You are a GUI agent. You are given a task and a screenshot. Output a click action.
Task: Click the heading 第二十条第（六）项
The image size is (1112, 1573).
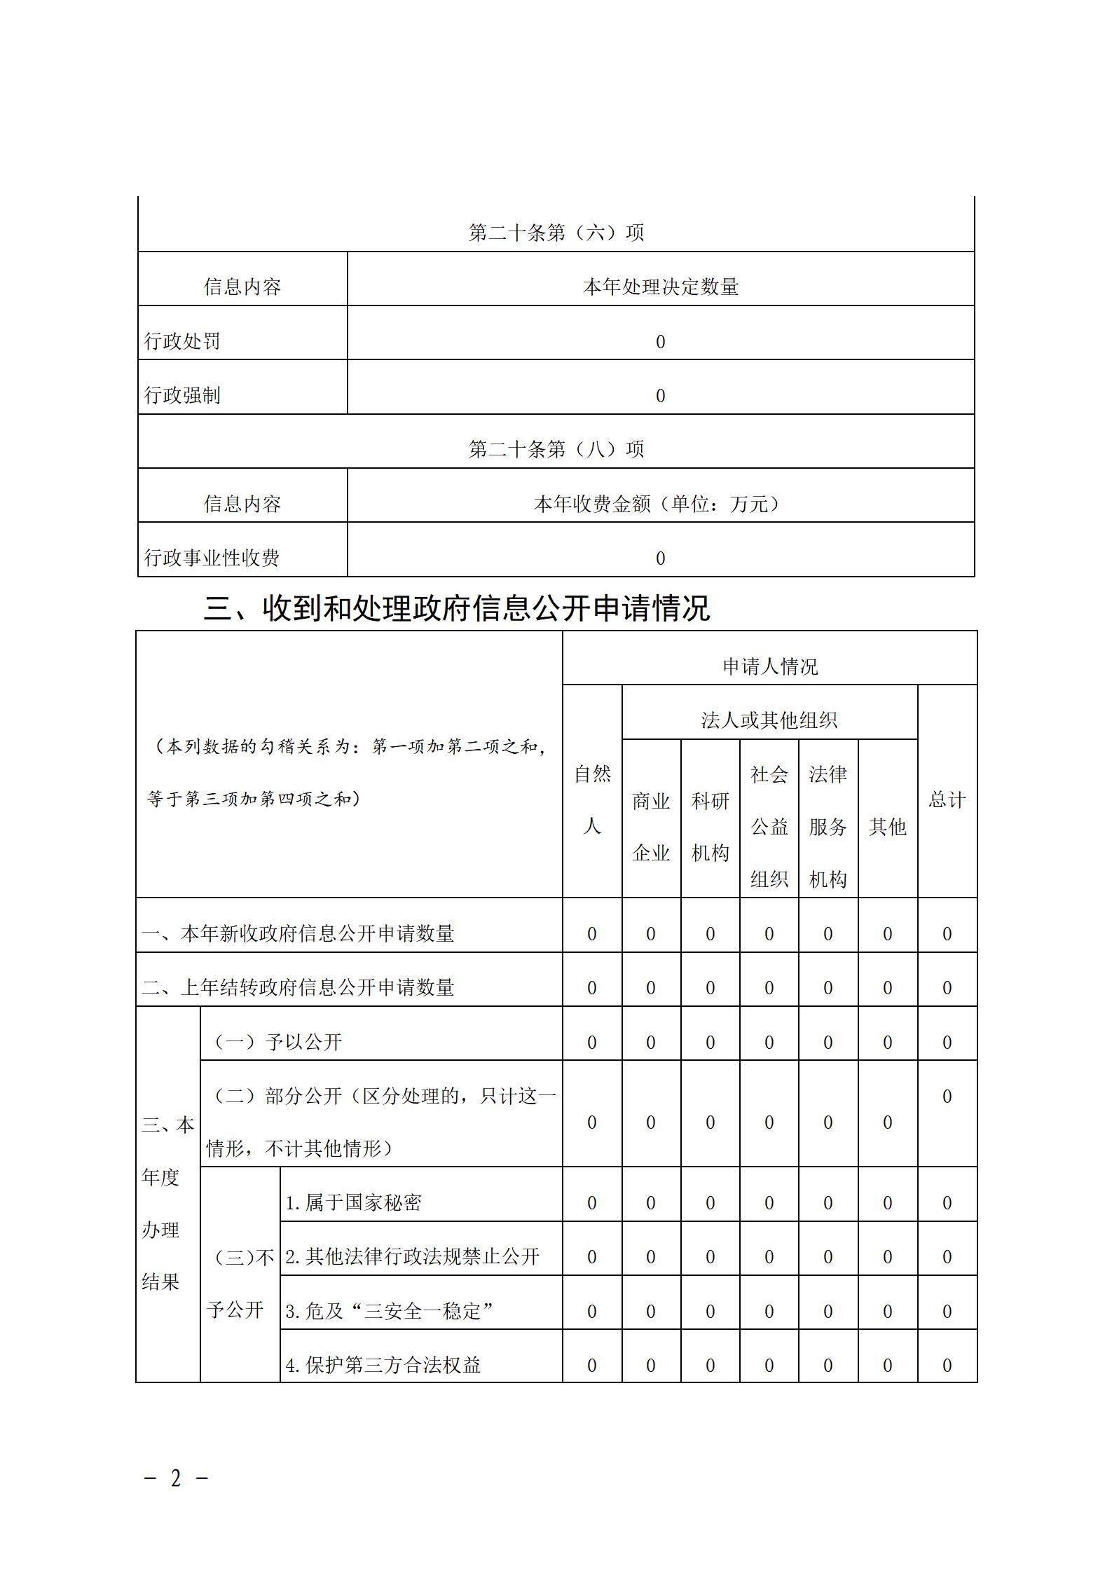(x=556, y=233)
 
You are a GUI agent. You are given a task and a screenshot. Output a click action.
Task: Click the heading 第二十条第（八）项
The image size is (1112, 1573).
(x=556, y=449)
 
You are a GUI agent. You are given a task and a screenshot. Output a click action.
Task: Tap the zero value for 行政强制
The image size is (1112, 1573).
(x=660, y=396)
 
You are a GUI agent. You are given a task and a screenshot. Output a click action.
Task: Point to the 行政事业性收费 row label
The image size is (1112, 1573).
(x=212, y=558)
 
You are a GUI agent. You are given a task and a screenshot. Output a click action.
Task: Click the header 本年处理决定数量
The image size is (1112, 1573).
(x=660, y=287)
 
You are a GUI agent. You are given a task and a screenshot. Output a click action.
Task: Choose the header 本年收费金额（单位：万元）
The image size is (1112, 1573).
(x=660, y=503)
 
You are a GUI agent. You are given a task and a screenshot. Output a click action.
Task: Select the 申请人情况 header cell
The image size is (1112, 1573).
(x=769, y=666)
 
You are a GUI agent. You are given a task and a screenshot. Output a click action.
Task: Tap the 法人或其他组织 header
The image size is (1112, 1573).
(x=769, y=720)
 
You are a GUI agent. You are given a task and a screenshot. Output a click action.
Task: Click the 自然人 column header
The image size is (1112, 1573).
(x=592, y=799)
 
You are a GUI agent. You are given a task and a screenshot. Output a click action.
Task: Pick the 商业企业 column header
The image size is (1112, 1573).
(x=651, y=826)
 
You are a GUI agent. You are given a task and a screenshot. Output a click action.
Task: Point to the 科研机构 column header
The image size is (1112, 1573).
(x=710, y=826)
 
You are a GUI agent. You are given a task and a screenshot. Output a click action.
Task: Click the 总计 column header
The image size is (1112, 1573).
(x=947, y=799)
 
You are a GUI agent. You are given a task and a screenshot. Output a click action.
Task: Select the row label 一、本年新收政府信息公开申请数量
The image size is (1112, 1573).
(x=298, y=933)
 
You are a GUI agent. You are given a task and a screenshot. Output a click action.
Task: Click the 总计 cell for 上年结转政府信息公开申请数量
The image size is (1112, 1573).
(x=947, y=987)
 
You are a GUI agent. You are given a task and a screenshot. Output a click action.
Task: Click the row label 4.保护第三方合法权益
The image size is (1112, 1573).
(x=383, y=1365)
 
